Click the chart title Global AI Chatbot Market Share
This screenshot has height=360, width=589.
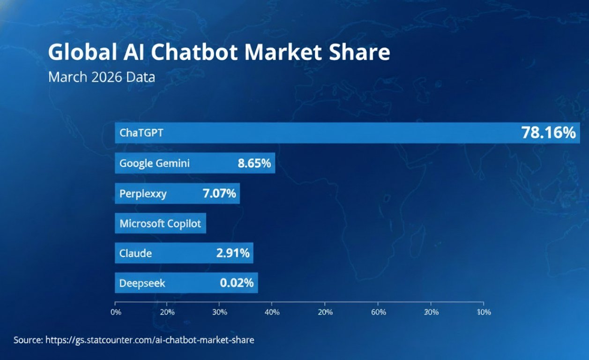219,52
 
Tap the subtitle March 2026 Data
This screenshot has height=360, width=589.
101,77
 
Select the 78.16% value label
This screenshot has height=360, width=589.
548,133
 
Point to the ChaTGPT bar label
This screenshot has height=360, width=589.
142,133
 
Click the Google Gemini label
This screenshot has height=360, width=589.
155,164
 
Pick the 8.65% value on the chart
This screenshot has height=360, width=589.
254,164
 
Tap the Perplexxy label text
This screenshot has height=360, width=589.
143,193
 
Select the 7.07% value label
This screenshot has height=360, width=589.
219,193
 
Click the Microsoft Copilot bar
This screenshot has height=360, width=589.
160,224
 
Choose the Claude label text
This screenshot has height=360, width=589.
135,254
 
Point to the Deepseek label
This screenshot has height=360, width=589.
142,283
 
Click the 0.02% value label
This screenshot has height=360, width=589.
237,283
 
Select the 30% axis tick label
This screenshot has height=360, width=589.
220,312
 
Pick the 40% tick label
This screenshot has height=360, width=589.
272,312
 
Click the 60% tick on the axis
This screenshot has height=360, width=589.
378,312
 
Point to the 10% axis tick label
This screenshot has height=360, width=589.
484,312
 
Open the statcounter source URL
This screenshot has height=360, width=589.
149,340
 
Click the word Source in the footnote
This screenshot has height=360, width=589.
28,340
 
